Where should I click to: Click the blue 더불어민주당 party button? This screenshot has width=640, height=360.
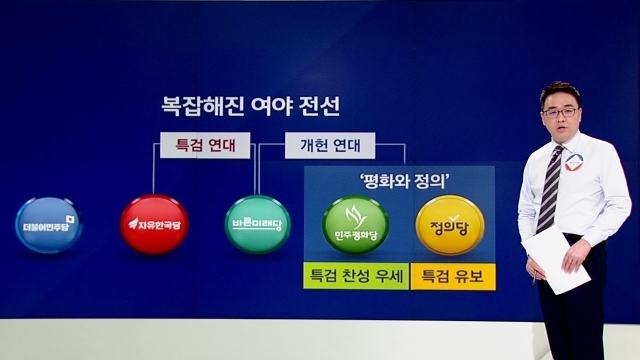[x=49, y=225]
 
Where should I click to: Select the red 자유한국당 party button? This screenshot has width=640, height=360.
[x=154, y=224]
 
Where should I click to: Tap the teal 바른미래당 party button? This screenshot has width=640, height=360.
[x=257, y=224]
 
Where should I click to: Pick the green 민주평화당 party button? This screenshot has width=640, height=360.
[x=356, y=225]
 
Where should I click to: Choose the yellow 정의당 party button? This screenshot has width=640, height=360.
[x=450, y=225]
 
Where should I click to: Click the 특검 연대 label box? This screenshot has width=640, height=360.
[x=205, y=145]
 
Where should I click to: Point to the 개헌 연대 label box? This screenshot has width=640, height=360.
[x=330, y=145]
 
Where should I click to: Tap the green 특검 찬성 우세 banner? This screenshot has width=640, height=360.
[x=356, y=276]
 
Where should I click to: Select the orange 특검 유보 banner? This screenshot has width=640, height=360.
[x=453, y=276]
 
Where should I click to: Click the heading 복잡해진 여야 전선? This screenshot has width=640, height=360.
[x=250, y=107]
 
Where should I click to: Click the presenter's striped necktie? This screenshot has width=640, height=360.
[x=550, y=189]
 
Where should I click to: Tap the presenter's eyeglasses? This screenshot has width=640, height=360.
[x=560, y=112]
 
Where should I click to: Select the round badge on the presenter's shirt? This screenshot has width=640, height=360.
[x=573, y=162]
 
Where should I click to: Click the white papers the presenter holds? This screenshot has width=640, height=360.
[x=556, y=259]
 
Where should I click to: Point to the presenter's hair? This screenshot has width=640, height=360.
[x=560, y=93]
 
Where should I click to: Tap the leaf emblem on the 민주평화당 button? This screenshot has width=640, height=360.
[x=355, y=217]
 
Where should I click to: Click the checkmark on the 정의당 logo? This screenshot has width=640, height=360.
[x=454, y=218]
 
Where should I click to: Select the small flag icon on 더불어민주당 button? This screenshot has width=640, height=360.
[x=70, y=220]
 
